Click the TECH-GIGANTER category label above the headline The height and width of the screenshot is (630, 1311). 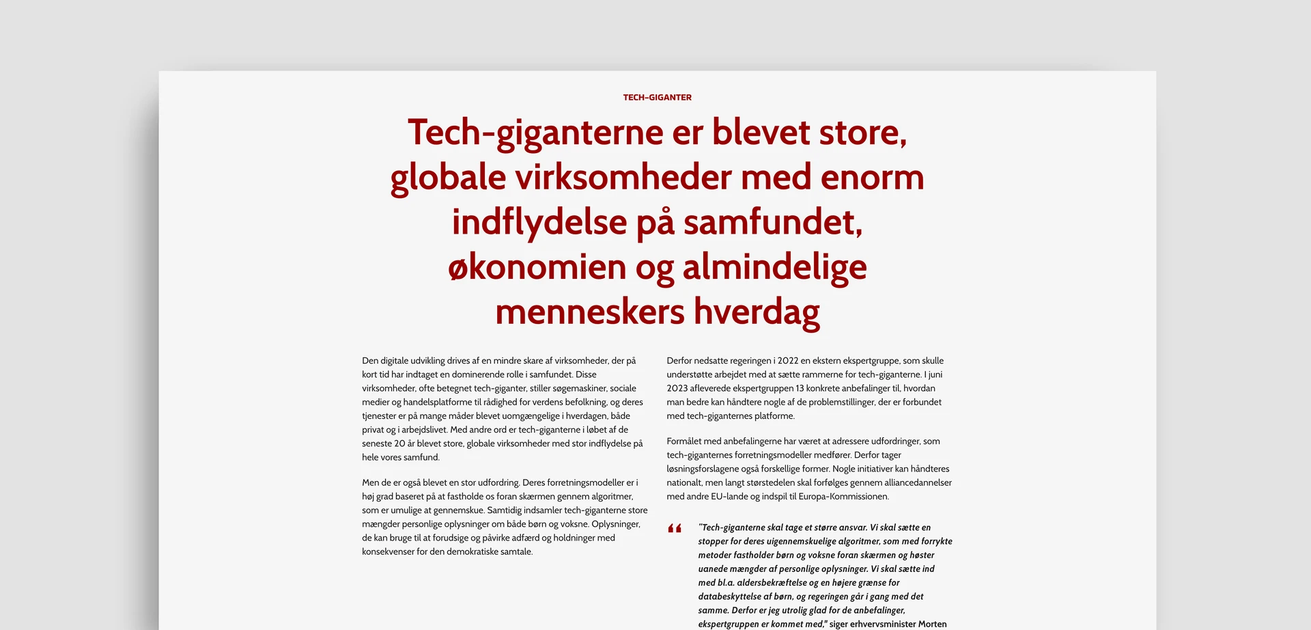pos(657,98)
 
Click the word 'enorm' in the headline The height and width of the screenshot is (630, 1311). pos(872,177)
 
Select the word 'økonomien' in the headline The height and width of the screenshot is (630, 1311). pos(537,266)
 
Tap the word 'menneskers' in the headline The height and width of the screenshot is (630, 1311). pos(589,312)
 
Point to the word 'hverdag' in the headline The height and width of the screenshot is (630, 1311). pos(757,312)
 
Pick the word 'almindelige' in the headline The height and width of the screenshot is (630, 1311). pos(774,266)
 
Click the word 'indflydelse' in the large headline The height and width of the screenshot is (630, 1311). pos(539,222)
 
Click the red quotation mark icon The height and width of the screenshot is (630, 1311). pos(675,528)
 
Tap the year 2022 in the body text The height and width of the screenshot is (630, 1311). pos(787,361)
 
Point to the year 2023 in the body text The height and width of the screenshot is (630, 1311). pos(677,388)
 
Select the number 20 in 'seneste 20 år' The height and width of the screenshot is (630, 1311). pos(399,443)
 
